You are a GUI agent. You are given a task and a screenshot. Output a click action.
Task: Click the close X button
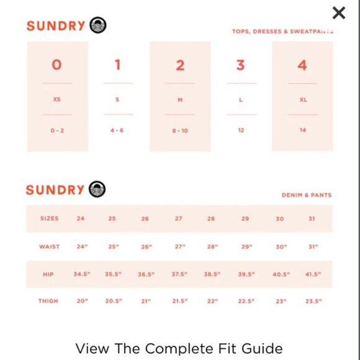[339, 13]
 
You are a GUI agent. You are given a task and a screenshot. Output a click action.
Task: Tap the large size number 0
[56, 65]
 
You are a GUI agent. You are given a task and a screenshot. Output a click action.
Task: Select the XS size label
[57, 99]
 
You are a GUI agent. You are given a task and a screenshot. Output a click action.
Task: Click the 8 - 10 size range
[180, 131]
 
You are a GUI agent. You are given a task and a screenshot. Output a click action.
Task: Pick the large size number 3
[241, 65]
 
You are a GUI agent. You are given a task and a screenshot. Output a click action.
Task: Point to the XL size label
[303, 100]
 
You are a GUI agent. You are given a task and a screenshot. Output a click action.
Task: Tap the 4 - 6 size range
[117, 130]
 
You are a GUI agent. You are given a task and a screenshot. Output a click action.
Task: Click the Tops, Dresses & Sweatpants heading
[282, 32]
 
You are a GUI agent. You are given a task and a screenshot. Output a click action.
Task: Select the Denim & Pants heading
[307, 195]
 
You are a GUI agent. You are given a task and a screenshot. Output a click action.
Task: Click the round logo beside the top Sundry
[98, 25]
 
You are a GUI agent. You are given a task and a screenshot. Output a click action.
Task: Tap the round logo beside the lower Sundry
[97, 189]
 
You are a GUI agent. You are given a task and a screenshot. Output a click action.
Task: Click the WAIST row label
[50, 247]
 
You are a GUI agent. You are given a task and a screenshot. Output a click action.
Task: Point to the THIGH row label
[48, 301]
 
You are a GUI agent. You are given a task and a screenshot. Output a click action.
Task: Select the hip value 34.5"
[82, 274]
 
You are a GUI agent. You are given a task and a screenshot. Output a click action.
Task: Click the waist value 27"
[180, 247]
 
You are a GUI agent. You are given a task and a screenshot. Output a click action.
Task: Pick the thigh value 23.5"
[313, 301]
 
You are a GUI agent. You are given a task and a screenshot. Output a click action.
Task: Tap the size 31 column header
[312, 218]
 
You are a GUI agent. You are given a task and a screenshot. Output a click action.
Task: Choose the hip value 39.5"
[246, 274]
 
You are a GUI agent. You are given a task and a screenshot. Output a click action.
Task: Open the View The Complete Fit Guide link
[179, 349]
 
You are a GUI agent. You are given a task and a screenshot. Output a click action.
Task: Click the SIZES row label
[50, 218]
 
